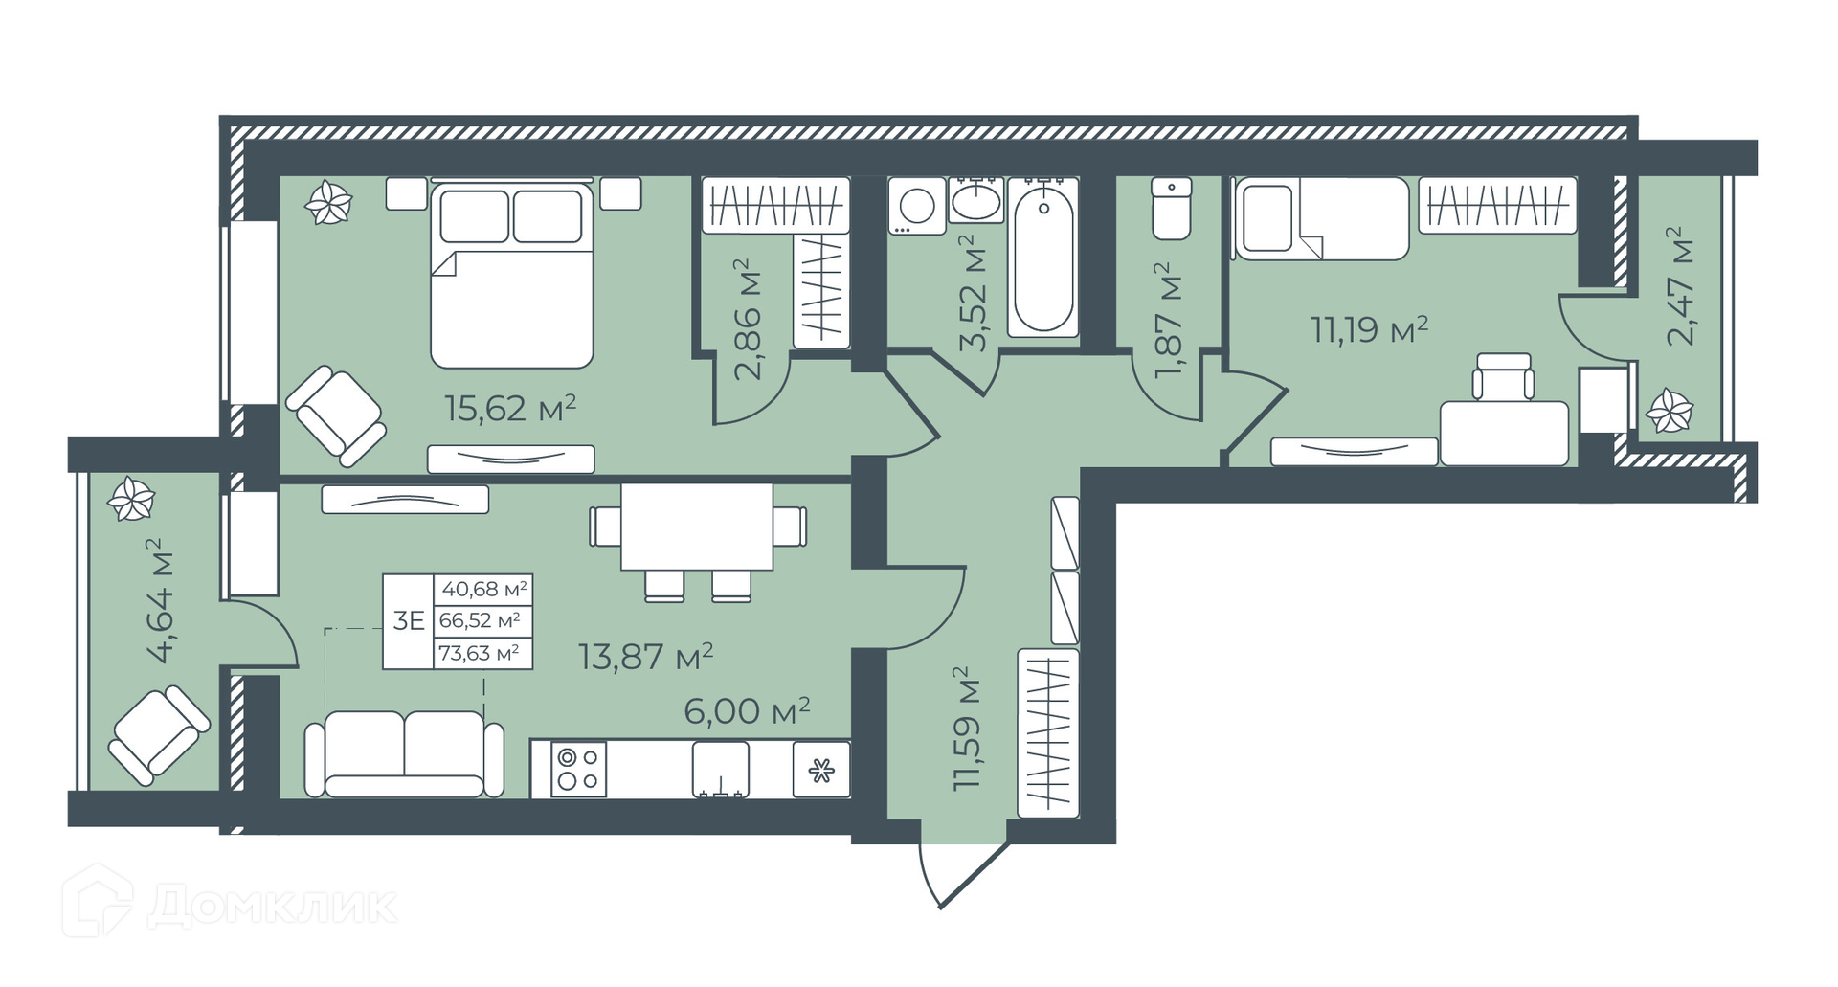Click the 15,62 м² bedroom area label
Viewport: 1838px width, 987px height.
[x=510, y=409]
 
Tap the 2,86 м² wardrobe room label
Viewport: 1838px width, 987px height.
[x=751, y=319]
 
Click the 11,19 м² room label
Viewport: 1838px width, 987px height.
[x=1370, y=329]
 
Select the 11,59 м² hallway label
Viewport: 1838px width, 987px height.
[x=968, y=728]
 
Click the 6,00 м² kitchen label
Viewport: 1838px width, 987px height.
[x=748, y=710]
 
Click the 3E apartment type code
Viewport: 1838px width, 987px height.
[x=409, y=620]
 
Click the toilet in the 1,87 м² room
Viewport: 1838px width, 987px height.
[x=1172, y=208]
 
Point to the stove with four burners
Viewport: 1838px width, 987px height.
[x=578, y=769]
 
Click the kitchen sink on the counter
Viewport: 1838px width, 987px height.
[x=722, y=769]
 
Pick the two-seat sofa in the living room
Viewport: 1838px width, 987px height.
[x=404, y=754]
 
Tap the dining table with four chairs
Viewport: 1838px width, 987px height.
[x=697, y=542]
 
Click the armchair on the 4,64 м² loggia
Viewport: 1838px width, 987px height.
[x=158, y=735]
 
